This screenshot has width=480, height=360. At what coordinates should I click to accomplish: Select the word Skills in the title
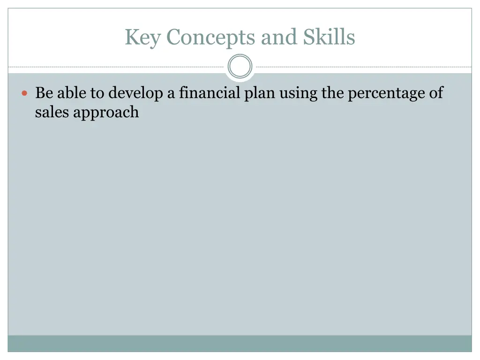(329, 37)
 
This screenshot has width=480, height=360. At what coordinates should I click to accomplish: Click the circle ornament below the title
(240, 67)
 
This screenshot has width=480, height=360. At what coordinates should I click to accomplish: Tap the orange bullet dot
(25, 94)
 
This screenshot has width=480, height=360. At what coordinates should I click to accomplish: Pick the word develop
(136, 94)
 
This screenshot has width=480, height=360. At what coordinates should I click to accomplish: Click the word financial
(210, 93)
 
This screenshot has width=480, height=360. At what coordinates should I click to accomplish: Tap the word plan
(260, 94)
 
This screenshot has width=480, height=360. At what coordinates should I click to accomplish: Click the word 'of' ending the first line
(436, 93)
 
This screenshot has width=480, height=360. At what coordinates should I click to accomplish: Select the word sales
(52, 112)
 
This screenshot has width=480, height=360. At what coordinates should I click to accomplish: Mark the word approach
(106, 113)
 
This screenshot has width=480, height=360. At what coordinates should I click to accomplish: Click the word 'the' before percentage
(332, 93)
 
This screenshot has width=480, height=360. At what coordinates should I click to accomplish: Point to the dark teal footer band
(240, 343)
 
